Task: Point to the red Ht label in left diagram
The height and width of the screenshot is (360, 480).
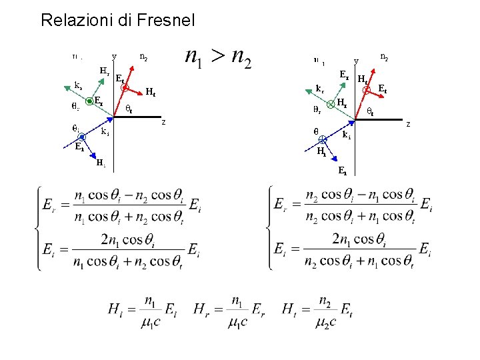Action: [151, 92]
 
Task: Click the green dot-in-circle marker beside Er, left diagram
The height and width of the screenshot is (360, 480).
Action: [89, 102]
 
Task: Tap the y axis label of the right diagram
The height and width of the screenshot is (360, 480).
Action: [356, 61]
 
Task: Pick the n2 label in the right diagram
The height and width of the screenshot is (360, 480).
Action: [385, 57]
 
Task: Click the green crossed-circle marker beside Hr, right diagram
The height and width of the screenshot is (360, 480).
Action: [329, 104]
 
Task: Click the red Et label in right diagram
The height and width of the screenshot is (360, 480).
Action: [383, 88]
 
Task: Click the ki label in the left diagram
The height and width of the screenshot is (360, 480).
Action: [105, 132]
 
